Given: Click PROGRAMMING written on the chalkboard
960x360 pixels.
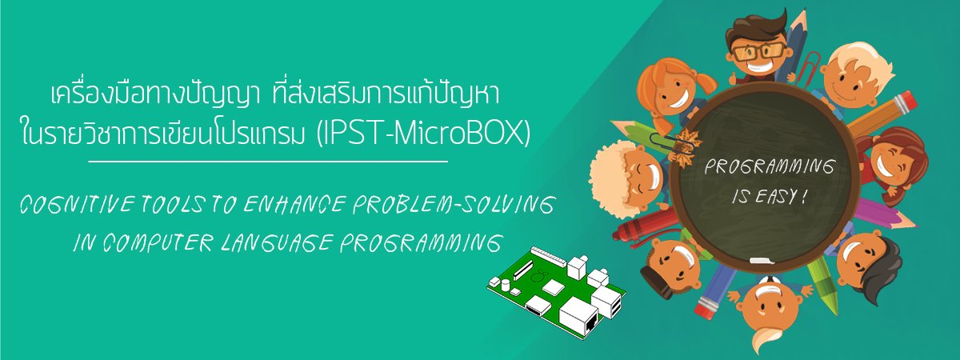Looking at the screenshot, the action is click(x=770, y=166).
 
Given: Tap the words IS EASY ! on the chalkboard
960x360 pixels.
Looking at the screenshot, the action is click(x=770, y=198).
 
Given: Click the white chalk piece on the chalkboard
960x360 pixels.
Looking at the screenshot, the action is click(x=759, y=260).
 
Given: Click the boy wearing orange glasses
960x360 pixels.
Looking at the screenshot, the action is click(x=758, y=47).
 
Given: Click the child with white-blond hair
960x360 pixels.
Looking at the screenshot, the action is click(x=855, y=76).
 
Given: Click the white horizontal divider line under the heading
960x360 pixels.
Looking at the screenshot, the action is click(x=268, y=162).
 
